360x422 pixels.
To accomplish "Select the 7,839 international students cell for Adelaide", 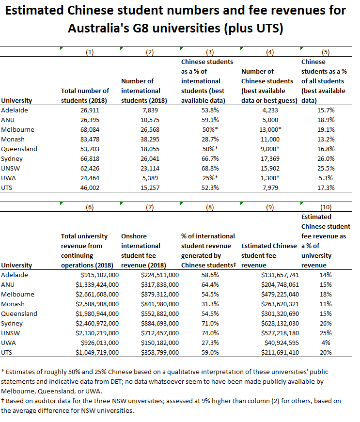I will [x=158, y=110].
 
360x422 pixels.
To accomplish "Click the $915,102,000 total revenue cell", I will [x=97, y=275].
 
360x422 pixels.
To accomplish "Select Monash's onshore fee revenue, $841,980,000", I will [x=154, y=304].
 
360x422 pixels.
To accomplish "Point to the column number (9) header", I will [x=270, y=207].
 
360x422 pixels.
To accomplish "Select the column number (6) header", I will [x=90, y=207].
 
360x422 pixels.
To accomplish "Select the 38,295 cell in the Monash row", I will [x=158, y=139].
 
